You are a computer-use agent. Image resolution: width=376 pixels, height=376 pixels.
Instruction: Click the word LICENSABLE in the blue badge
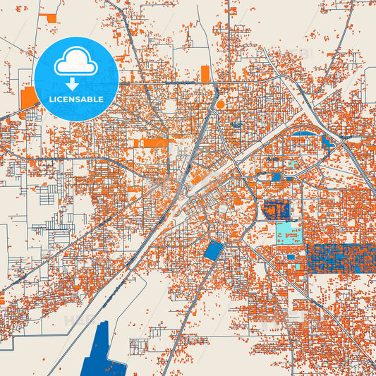tap(76, 99)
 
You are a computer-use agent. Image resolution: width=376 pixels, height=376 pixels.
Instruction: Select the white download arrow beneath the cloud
tap(75, 84)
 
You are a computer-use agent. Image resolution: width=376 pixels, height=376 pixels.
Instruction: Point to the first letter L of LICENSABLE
tap(51, 99)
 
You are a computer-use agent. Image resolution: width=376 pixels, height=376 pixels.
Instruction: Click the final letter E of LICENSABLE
tap(102, 99)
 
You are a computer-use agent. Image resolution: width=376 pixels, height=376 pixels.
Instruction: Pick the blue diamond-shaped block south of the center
tap(212, 250)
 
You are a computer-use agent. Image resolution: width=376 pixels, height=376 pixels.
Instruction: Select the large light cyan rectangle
tap(288, 233)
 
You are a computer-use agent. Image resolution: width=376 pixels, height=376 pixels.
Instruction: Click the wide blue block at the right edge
tap(340, 257)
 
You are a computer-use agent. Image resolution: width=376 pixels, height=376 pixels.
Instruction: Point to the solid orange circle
tap(220, 104)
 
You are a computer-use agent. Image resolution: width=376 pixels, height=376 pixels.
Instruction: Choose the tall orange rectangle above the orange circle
tap(205, 74)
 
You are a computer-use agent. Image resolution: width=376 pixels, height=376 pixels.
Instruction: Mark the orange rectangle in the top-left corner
tap(49, 16)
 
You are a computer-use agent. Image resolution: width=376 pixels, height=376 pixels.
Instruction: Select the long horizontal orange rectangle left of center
tap(152, 143)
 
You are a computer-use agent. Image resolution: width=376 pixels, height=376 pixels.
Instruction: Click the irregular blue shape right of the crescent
tap(327, 141)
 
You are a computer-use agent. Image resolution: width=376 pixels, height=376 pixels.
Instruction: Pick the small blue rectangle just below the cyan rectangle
tap(291, 257)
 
